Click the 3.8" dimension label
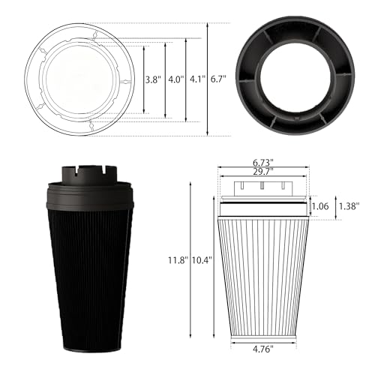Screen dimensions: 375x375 pos(152,79)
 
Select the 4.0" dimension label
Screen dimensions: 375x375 pos(175,79)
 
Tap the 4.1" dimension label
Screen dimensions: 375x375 pos(197,79)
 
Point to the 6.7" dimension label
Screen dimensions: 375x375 pos(218,79)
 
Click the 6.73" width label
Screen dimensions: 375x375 pos(262,163)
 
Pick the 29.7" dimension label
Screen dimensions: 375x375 pos(262,172)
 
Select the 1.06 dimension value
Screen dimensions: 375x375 pos(320,206)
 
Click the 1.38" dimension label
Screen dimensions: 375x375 pos(349,206)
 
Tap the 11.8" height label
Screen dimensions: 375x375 pos(178,260)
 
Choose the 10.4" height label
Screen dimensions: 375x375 pos(202,260)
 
